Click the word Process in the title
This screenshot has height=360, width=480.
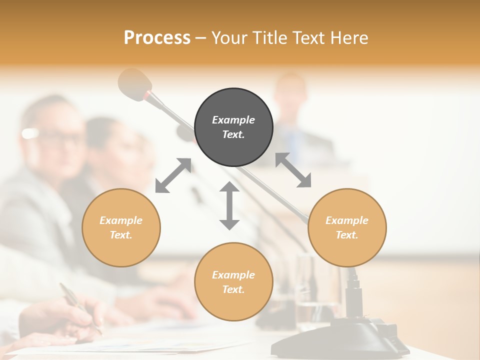click(x=157, y=38)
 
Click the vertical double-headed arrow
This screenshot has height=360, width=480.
click(x=229, y=206)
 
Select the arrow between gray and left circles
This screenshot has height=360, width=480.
click(x=173, y=175)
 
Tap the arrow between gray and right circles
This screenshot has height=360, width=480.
click(x=293, y=170)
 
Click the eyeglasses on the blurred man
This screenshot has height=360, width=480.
click(x=55, y=136)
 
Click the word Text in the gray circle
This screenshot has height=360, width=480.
click(x=233, y=134)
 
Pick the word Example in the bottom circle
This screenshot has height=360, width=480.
click(x=233, y=275)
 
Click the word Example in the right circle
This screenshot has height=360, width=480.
click(x=347, y=220)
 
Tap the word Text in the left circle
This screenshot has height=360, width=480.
click(x=121, y=235)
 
